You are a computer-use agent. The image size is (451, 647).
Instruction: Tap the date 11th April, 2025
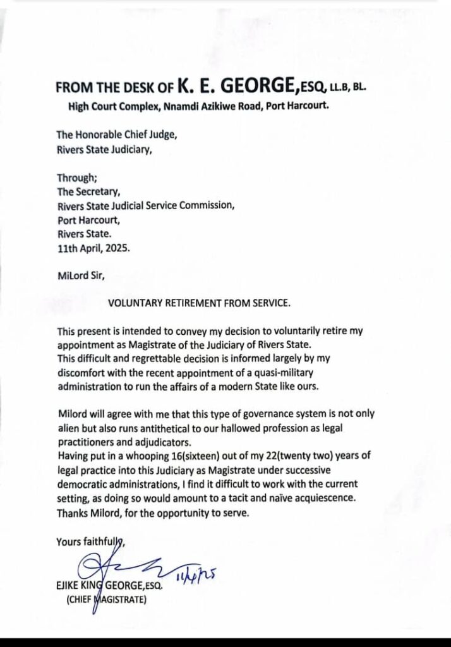point(93,248)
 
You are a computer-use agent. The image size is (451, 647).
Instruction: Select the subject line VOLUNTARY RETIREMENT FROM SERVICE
point(200,303)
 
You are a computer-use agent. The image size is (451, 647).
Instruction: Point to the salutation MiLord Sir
point(80,275)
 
